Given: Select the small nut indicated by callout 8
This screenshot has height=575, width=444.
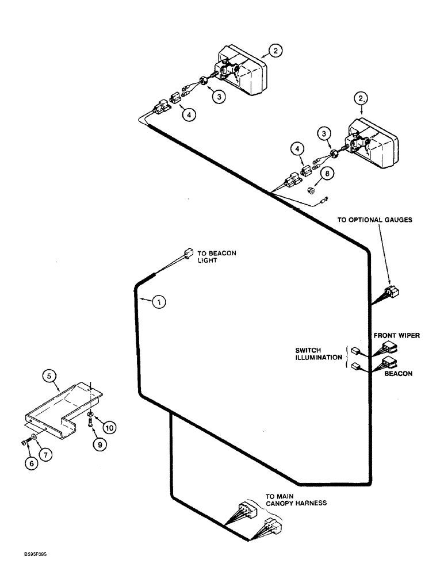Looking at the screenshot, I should tap(308, 190).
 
